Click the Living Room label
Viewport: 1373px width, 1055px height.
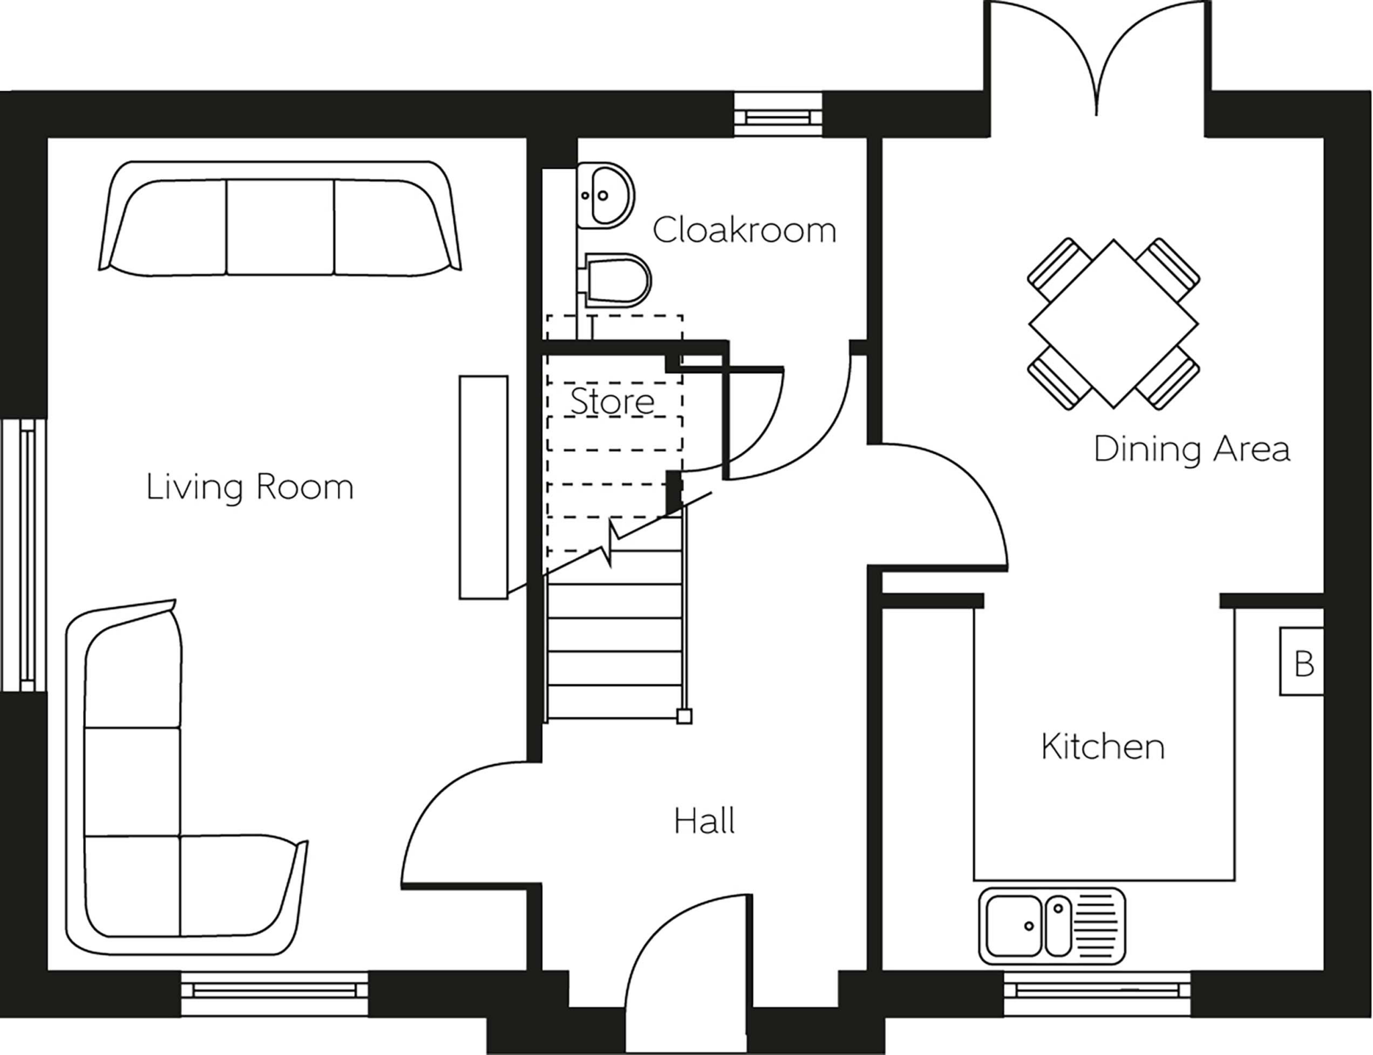249,488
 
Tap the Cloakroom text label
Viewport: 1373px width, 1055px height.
744,230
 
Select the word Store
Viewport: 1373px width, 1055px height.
612,401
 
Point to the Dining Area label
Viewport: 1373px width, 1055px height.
1191,449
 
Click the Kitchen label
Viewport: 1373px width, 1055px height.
1103,746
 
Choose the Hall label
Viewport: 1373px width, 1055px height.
704,821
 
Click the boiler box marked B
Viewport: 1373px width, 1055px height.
1301,661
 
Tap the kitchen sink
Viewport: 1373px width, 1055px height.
1052,926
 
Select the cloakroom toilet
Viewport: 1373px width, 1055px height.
615,280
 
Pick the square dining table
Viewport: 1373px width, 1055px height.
1114,323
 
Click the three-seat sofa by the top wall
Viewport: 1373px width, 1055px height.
280,217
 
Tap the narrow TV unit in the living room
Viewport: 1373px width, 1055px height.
483,487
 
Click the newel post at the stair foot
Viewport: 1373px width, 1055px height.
684,717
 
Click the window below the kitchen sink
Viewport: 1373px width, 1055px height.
1097,992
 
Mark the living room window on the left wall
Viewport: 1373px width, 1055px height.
23,554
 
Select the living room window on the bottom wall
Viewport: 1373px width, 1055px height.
274,992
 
